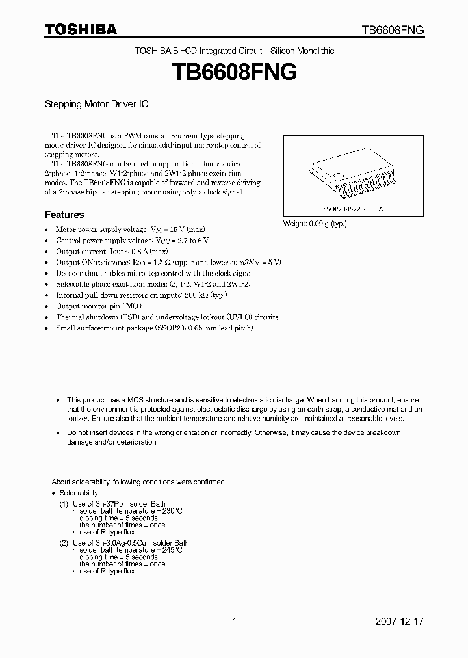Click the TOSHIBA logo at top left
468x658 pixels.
coord(81,29)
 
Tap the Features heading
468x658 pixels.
coord(64,215)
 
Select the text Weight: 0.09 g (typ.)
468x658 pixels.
coord(315,224)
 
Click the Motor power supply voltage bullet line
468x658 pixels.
coord(130,230)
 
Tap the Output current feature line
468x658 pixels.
coord(112,251)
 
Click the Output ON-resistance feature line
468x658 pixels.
coord(168,262)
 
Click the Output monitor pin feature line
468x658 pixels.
coord(98,306)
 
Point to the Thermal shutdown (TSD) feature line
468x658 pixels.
coord(166,317)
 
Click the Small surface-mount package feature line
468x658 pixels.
coord(154,328)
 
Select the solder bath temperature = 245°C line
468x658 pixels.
coord(131,550)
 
